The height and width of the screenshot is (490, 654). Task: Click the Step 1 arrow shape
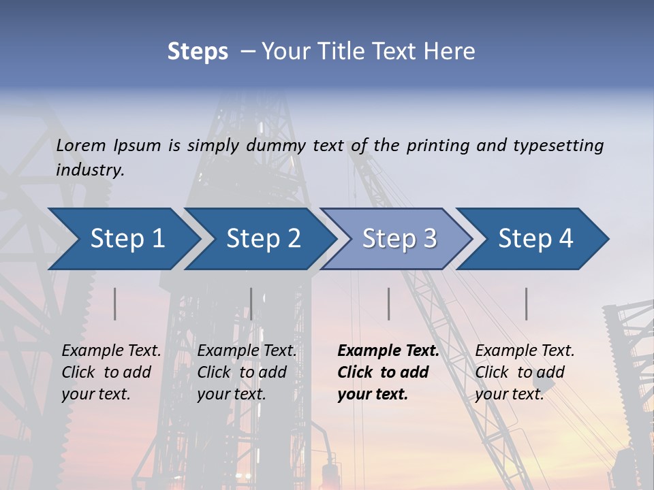coord(123,239)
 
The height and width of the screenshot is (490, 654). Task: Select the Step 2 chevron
coord(262,239)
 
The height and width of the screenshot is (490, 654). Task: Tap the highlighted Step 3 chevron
coord(399,239)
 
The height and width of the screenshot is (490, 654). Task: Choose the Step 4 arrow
coord(535,239)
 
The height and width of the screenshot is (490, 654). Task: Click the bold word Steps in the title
coord(198,51)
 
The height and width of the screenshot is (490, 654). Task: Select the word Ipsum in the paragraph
coord(138,145)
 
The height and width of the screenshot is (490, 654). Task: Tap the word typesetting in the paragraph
coord(558,145)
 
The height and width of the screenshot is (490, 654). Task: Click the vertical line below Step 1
coord(115,304)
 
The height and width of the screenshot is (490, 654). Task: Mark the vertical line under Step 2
coord(251,304)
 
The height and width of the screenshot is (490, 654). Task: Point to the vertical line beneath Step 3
coord(389,304)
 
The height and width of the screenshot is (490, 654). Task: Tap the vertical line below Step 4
coord(527,304)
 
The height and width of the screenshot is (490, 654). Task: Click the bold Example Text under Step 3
coord(388,350)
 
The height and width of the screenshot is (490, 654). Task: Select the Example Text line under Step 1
coord(111,350)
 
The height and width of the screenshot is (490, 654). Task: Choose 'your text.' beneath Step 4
coord(509,394)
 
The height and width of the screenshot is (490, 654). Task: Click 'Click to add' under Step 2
coord(242,372)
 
